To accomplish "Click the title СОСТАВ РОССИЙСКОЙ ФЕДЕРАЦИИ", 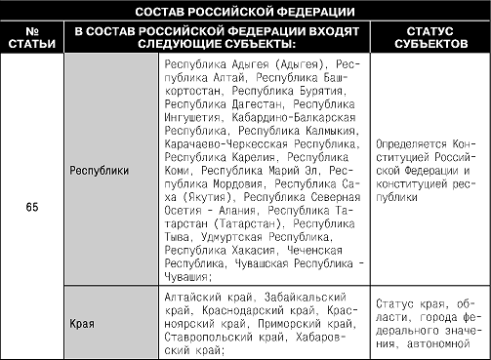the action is tap(245, 12).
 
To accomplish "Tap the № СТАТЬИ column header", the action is tap(33, 38).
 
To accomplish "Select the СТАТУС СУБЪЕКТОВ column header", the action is tap(430, 38).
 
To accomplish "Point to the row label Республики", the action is tap(101, 169).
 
